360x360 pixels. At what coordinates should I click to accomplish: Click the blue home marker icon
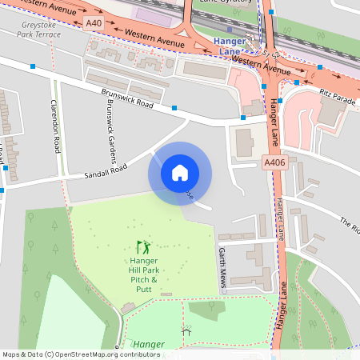click(x=180, y=172)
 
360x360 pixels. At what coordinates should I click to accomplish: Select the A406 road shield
click(x=274, y=162)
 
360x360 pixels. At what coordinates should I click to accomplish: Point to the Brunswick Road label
click(x=127, y=98)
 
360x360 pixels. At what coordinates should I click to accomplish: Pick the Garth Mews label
click(x=222, y=267)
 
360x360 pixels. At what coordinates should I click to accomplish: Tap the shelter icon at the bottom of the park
click(x=187, y=330)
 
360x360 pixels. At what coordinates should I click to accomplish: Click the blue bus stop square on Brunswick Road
click(x=174, y=106)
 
